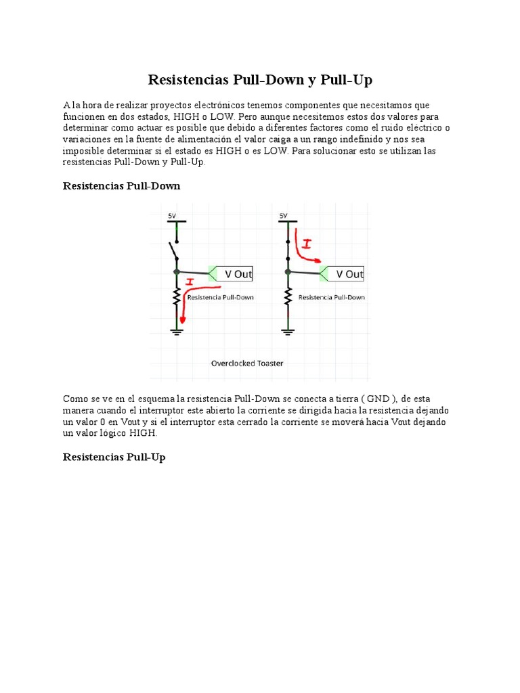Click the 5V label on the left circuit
coord(172,216)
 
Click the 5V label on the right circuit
coord(284,216)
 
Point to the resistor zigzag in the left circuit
coord(177,296)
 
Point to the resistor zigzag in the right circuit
coord(288,296)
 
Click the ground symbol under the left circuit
coord(177,331)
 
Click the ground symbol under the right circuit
coord(288,331)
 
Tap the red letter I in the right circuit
coord(307,243)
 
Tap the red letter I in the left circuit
coord(190,281)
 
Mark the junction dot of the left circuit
coord(177,271)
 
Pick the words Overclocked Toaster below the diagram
coord(247,363)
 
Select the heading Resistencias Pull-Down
coord(121,185)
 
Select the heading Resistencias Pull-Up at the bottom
coord(114,457)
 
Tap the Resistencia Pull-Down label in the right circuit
coord(332,297)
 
